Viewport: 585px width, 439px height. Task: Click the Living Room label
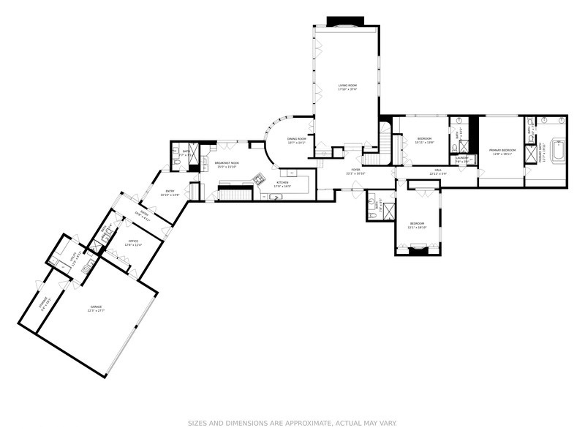[347, 86]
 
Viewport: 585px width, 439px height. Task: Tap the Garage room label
[97, 307]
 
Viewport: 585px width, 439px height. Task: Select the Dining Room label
[296, 138]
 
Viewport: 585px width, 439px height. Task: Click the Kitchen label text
[282, 182]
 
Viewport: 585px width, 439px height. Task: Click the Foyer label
[355, 169]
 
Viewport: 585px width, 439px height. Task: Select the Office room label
[133, 241]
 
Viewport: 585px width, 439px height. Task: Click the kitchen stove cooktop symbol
[257, 178]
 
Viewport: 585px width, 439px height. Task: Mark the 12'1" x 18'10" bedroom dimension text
[417, 227]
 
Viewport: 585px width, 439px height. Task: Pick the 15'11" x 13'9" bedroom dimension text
[425, 142]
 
